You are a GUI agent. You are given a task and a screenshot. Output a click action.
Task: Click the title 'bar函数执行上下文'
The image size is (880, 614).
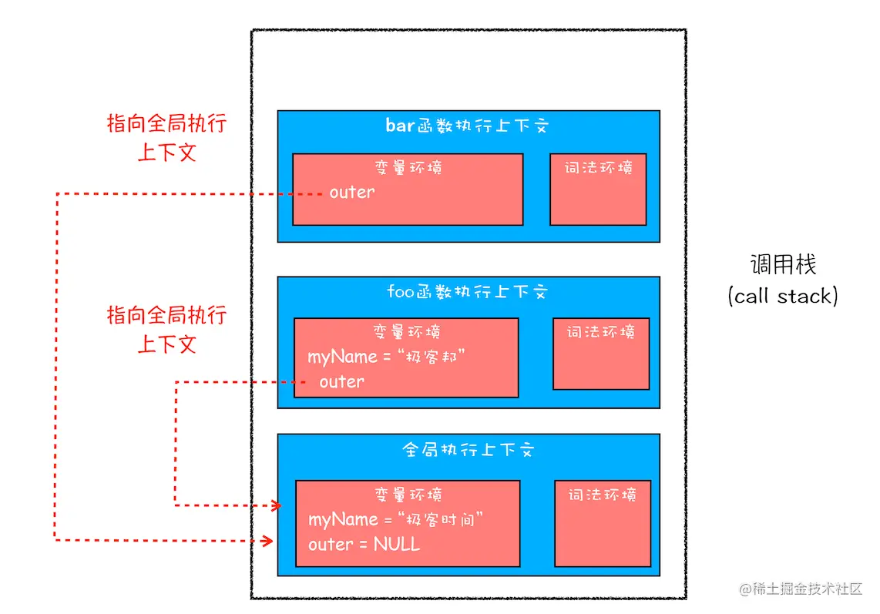click(x=467, y=126)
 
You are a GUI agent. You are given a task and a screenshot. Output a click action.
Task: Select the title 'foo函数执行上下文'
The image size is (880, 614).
click(x=467, y=292)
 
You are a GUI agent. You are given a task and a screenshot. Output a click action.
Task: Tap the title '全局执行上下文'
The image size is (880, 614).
click(x=468, y=450)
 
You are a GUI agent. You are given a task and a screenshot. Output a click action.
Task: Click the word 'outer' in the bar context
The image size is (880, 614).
click(x=351, y=193)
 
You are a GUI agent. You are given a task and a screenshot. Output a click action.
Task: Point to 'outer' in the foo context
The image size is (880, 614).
click(x=341, y=382)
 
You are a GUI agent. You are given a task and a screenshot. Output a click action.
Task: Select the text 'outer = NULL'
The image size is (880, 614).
click(x=364, y=545)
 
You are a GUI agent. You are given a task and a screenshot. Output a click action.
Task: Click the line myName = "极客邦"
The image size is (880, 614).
click(x=387, y=357)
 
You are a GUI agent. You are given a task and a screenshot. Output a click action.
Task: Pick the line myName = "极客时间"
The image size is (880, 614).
click(x=395, y=520)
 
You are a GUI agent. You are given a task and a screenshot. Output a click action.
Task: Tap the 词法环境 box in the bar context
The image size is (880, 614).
click(x=598, y=190)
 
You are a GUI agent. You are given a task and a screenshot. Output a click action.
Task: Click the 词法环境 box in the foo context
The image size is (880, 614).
click(x=601, y=354)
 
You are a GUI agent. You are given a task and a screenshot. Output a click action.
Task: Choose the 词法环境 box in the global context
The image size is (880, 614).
click(x=603, y=523)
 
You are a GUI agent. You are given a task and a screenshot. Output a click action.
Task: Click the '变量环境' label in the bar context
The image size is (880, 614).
click(x=408, y=167)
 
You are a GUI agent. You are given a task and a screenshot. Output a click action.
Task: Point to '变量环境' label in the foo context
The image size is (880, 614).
click(x=406, y=332)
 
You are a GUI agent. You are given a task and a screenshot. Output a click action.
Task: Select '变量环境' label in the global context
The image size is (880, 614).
click(x=408, y=495)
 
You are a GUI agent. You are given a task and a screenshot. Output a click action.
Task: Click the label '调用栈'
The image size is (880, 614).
click(x=783, y=265)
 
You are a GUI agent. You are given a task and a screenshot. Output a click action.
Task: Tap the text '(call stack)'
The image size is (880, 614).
click(x=783, y=296)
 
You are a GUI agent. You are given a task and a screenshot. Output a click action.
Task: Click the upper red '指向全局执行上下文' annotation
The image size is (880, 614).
click(x=166, y=138)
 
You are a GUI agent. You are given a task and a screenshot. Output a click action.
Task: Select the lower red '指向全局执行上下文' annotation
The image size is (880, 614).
click(x=166, y=329)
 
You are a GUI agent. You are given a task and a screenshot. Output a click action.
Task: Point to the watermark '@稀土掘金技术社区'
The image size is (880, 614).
click(x=801, y=589)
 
